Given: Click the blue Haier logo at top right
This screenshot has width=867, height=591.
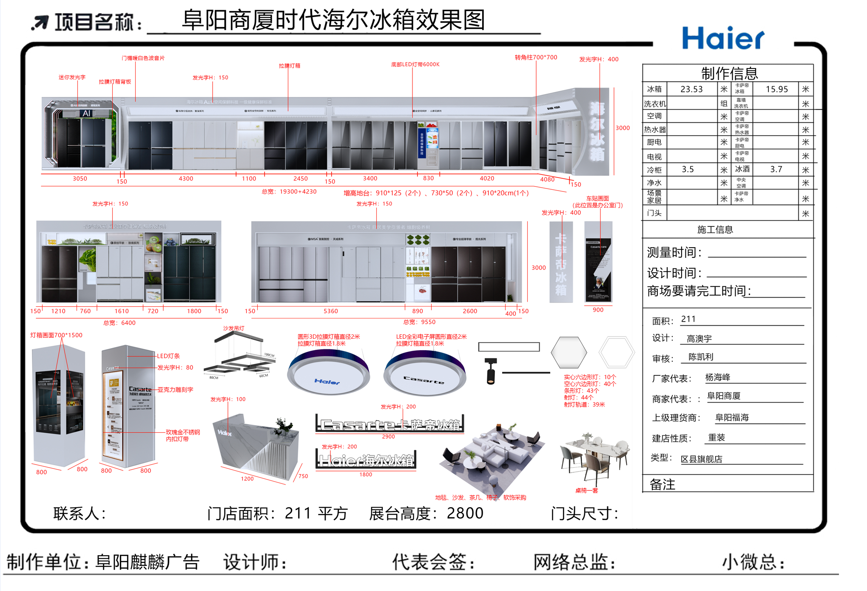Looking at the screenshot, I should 723,38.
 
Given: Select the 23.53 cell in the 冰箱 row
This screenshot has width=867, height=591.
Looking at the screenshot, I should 691,89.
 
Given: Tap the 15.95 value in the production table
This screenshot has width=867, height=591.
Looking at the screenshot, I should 776,89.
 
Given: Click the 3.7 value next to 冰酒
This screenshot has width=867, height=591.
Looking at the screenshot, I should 776,169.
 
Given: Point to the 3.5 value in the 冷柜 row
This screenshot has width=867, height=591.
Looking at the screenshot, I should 688,169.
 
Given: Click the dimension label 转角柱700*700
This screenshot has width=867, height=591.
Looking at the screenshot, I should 536,57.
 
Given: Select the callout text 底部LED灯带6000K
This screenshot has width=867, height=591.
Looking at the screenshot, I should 415,65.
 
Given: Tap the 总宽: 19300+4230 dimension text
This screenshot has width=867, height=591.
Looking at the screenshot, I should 289,191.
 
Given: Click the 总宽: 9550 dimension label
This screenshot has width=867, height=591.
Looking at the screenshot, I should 419,322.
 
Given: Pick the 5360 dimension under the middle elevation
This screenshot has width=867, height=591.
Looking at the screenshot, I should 331,311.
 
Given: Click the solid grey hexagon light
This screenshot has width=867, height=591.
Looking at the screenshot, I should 569,352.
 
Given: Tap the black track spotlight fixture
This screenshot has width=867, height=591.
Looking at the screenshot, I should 491,371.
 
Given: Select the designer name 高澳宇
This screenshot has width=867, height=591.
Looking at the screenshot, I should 699,339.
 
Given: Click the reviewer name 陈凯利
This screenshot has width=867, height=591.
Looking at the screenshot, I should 701,357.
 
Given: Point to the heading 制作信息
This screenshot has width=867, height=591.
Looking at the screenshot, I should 729,73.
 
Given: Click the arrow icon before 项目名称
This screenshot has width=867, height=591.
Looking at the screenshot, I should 40,22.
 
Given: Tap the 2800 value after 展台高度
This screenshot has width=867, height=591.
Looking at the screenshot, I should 465,513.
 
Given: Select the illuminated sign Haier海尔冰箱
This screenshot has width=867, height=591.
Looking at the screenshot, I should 366,460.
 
